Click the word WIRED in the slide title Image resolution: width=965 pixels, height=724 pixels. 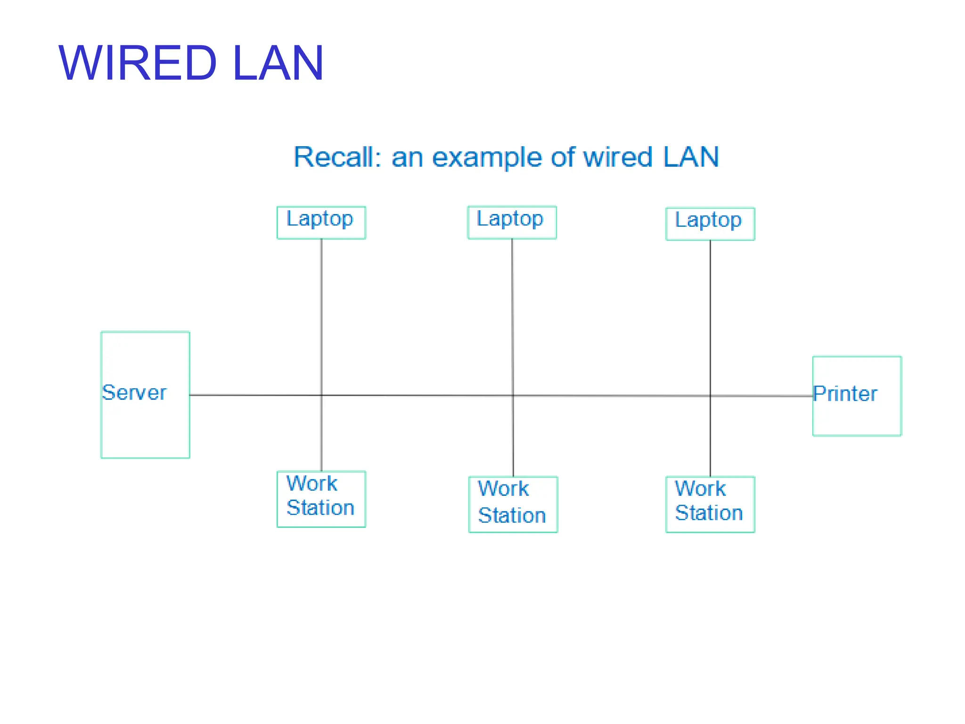(138, 63)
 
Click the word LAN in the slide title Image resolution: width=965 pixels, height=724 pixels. (278, 63)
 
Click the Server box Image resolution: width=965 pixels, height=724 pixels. (145, 424)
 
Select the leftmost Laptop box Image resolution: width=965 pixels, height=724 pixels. (321, 223)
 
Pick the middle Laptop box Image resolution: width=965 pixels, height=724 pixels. (512, 222)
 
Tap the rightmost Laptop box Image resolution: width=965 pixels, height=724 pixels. (710, 224)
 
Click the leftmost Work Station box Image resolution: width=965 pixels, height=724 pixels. (321, 499)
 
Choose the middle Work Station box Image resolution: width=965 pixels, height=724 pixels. (513, 504)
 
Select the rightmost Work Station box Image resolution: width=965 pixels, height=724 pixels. (710, 504)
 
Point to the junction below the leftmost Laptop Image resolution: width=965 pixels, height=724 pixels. (321, 395)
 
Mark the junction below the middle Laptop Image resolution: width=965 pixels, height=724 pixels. (513, 395)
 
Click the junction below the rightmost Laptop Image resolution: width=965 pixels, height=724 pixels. (710, 396)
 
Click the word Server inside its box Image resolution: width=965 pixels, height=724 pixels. (134, 393)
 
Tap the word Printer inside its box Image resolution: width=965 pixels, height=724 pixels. (845, 394)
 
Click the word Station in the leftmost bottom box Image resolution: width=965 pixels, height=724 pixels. (320, 508)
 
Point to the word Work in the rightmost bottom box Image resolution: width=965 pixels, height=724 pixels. (700, 488)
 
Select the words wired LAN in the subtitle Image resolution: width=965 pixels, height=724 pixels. (650, 157)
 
